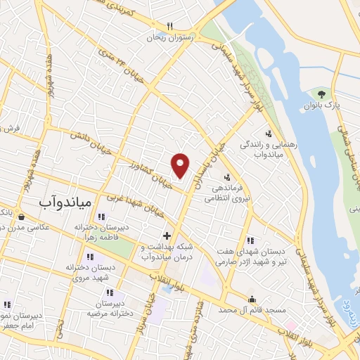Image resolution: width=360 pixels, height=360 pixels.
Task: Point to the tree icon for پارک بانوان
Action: click(321, 94)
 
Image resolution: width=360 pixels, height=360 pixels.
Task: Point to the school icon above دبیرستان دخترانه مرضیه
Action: click(109, 292)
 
